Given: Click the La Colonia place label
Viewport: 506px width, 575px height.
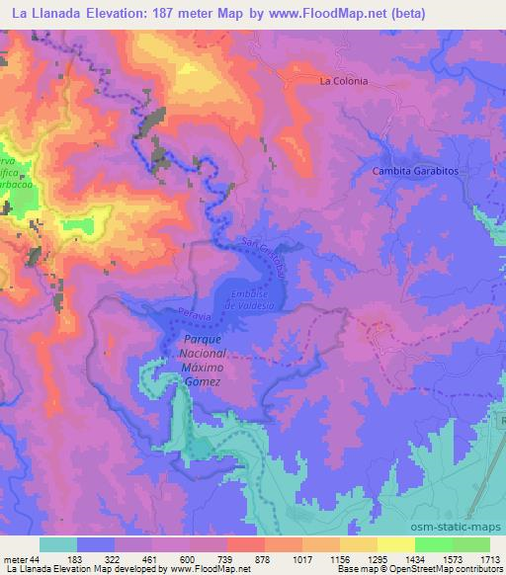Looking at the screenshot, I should pos(343,81).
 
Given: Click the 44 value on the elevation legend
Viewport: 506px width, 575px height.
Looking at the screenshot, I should pos(38,559).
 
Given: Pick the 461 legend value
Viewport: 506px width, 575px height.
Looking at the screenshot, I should pos(151,559).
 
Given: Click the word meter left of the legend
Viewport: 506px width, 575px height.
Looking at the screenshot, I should pos(16,559).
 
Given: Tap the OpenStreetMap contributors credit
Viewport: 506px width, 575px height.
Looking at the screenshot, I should pos(451,570).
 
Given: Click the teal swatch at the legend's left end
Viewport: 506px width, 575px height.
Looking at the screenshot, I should pos(58,544).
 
